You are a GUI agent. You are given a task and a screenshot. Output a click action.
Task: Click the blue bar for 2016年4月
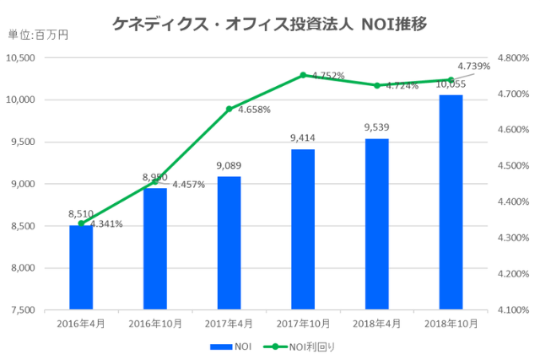click(81, 267)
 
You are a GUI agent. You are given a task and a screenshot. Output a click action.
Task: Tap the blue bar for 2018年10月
click(451, 202)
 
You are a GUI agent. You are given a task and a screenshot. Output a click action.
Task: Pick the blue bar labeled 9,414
click(303, 229)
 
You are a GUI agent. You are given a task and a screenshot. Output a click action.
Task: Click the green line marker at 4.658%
click(229, 109)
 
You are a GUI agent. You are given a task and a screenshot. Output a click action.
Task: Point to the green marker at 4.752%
click(303, 75)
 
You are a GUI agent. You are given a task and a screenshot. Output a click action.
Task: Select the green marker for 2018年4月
click(377, 85)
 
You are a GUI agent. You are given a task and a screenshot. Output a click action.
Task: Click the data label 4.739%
click(473, 66)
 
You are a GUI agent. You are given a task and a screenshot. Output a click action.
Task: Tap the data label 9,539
click(377, 127)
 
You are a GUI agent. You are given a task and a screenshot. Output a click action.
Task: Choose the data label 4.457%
click(189, 185)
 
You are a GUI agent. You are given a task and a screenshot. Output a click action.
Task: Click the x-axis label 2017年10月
click(303, 323)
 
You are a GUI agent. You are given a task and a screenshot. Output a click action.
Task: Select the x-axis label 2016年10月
click(154, 323)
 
